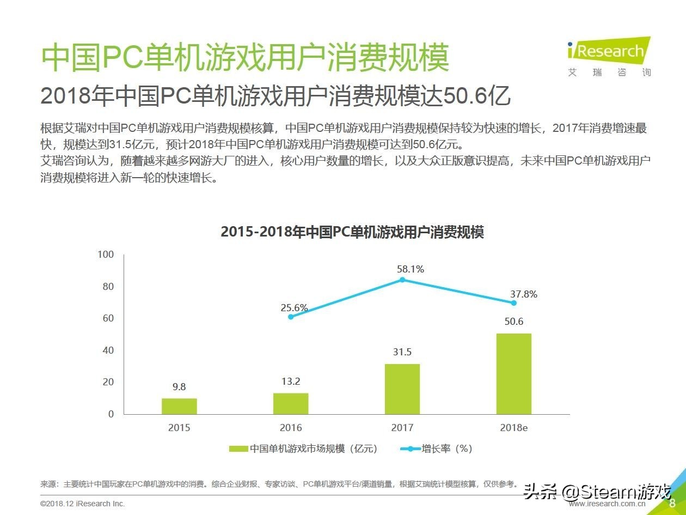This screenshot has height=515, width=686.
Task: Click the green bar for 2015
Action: click(179, 406)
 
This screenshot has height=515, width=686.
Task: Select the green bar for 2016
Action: click(291, 403)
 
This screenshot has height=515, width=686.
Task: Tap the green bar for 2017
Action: click(402, 389)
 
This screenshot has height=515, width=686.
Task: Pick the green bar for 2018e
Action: click(513, 373)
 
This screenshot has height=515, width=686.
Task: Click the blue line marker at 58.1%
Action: click(402, 280)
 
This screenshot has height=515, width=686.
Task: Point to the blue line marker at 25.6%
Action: click(291, 317)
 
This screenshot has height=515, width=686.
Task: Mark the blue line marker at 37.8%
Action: click(513, 302)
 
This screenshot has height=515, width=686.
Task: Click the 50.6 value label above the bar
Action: click(513, 322)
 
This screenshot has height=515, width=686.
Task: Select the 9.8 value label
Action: click(179, 387)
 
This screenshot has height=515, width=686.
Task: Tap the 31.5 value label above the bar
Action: click(402, 352)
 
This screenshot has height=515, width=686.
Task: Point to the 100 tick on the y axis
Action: click(106, 255)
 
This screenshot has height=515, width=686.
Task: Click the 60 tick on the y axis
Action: click(108, 318)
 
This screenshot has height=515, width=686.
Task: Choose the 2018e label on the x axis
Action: click(513, 428)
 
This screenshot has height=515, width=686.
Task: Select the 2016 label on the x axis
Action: click(291, 428)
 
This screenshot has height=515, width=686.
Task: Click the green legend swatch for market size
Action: click(238, 449)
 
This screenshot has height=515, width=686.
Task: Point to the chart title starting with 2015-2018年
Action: click(352, 232)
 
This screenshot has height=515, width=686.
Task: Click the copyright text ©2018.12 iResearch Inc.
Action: click(82, 504)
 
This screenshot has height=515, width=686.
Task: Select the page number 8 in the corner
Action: click(672, 503)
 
